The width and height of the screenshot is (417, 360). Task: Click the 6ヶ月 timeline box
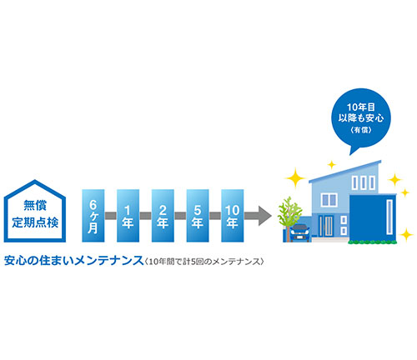click(93, 216)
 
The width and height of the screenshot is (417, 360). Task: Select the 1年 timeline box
click(128, 216)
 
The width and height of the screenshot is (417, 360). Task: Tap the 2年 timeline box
click(163, 216)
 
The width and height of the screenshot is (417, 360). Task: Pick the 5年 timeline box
click(198, 216)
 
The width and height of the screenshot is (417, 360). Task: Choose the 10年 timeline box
click(233, 216)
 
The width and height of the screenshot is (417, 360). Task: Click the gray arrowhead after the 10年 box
click(264, 216)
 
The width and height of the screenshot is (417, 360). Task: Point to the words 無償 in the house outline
click(35, 205)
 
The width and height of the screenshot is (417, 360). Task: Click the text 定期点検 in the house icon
click(35, 222)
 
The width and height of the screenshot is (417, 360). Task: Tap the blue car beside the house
click(299, 232)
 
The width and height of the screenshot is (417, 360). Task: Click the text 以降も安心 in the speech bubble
click(361, 118)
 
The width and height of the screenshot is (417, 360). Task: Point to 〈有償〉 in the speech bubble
click(361, 130)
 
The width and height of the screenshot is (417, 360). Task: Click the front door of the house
click(325, 226)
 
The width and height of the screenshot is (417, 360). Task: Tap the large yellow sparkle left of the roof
click(295, 177)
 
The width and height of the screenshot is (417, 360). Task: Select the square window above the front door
click(329, 200)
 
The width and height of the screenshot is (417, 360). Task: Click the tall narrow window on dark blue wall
click(389, 217)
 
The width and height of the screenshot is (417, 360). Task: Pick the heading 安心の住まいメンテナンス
click(73, 261)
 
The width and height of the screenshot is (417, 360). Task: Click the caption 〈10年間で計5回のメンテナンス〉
click(203, 262)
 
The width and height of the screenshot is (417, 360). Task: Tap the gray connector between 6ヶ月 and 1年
click(111, 216)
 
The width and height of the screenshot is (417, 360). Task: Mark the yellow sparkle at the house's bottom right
click(406, 234)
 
